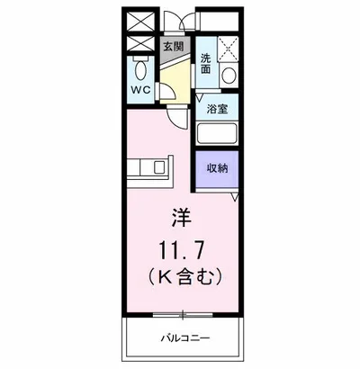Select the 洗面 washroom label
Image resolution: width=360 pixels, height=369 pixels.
click(x=206, y=62)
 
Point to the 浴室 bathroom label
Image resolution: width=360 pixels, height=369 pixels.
click(x=216, y=111)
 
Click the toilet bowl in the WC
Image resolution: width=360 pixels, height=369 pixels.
click(x=142, y=70)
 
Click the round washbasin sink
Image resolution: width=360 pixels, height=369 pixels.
click(x=229, y=76)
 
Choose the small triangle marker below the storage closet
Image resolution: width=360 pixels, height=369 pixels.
click(x=234, y=196)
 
